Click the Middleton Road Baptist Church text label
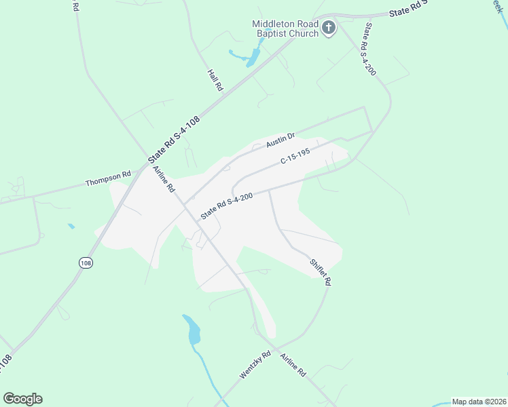click(x=285, y=28)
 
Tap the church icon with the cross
click(x=329, y=28)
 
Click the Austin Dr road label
click(x=280, y=140)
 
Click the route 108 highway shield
click(x=85, y=263)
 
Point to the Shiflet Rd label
click(x=319, y=272)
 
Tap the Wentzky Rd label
click(x=255, y=365)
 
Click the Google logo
click(x=22, y=398)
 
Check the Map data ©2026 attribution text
click(x=479, y=401)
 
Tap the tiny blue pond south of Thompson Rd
click(x=71, y=226)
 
